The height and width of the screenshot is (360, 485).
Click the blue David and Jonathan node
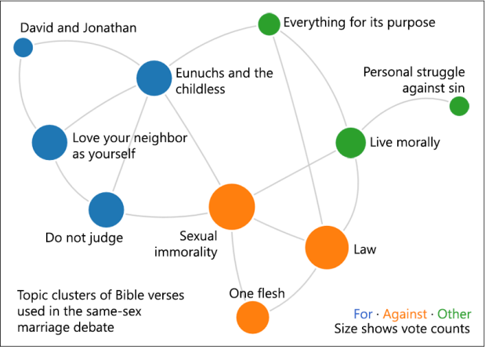[x=24, y=47]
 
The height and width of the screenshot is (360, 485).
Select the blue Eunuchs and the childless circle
[x=154, y=78]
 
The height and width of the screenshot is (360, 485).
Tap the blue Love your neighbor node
[x=49, y=143]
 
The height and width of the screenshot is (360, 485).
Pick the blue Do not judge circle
[x=107, y=209]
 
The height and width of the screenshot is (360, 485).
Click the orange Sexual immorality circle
[x=232, y=207]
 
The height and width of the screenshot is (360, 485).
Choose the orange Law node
[x=327, y=247]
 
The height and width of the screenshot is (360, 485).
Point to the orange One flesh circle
[x=253, y=318]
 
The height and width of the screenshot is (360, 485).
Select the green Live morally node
[x=351, y=143]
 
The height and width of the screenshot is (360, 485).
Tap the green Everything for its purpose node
[x=269, y=24]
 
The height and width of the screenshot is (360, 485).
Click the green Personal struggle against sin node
[x=459, y=106]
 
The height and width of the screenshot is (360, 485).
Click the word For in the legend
[x=363, y=314]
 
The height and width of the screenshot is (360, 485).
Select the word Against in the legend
[x=405, y=315]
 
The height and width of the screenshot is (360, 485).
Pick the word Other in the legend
[x=454, y=314]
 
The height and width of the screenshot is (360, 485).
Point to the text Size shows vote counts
[x=402, y=329]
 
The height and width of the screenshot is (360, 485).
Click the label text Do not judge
[x=84, y=238]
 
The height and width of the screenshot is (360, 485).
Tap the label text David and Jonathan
[x=78, y=27]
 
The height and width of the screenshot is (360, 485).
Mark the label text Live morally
[x=405, y=143]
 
